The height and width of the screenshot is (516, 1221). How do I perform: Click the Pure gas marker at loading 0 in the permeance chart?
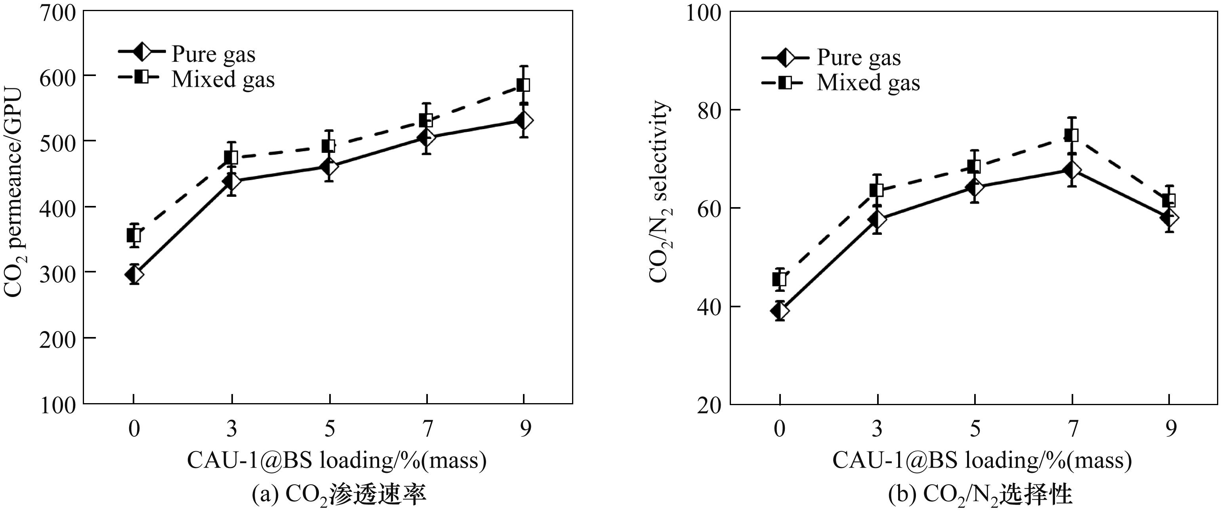coord(134,274)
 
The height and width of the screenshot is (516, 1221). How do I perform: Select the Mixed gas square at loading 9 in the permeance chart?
coord(523,85)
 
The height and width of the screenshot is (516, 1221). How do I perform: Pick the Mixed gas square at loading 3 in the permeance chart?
coord(231,157)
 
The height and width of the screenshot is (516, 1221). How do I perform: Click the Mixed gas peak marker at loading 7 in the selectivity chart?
coord(1072,135)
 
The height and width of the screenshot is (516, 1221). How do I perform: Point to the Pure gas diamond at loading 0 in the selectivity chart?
coord(780,311)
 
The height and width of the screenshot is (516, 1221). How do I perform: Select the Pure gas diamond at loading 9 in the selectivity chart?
coord(1169,218)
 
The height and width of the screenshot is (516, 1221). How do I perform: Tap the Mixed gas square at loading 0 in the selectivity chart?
coord(780,280)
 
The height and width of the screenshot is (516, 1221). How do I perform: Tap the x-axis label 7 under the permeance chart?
coord(427,429)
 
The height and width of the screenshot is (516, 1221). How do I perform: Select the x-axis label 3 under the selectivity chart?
coord(878,429)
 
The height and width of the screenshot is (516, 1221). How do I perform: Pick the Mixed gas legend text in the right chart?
coord(868,82)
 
